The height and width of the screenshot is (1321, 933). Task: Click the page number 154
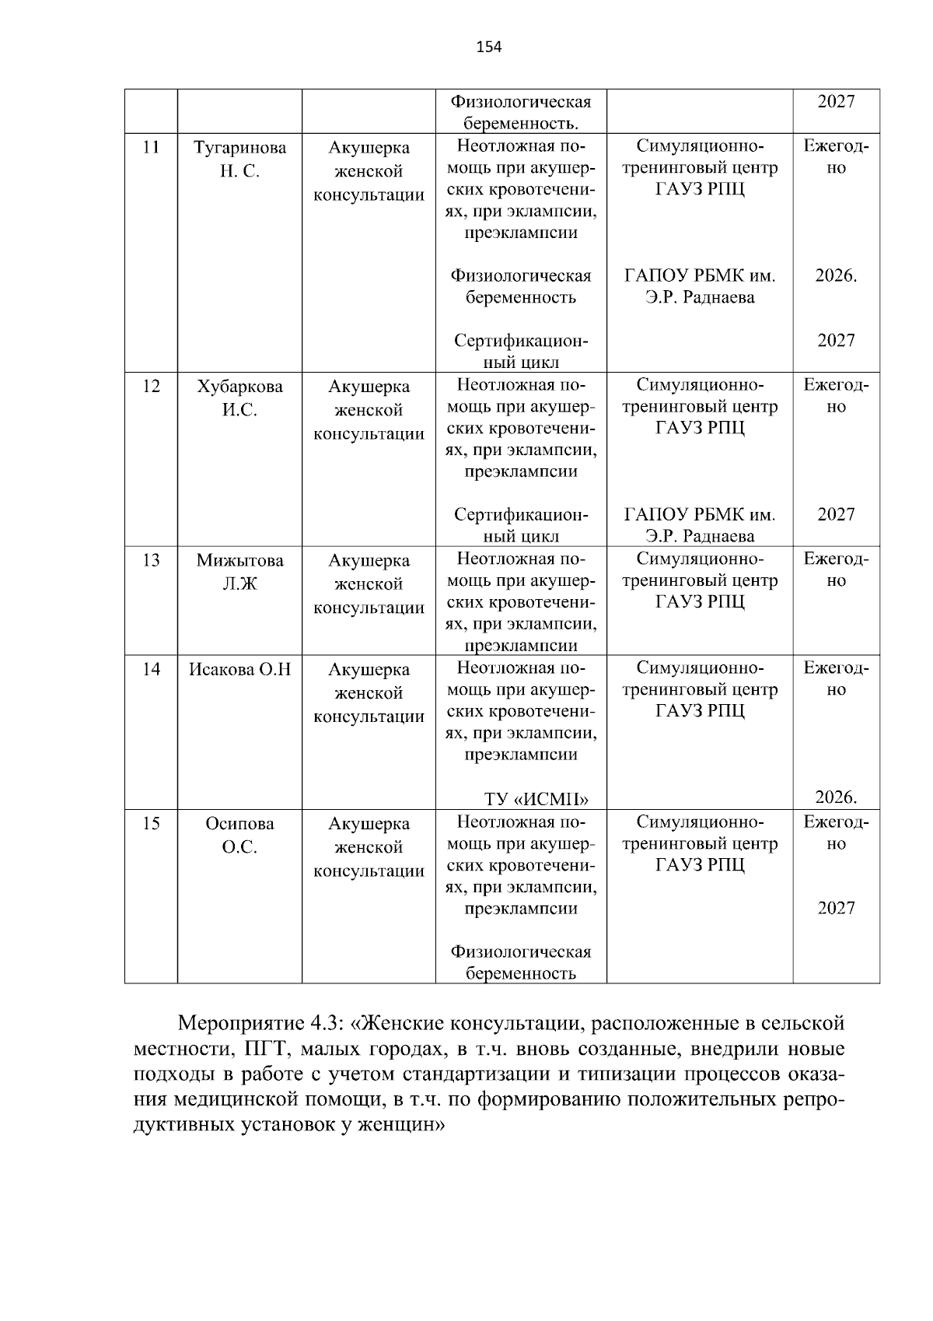[489, 47]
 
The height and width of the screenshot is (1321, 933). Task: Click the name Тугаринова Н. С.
[239, 159]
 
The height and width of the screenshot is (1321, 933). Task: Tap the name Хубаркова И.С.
[239, 398]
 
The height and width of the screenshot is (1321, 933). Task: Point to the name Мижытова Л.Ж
[239, 573]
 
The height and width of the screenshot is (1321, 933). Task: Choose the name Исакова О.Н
[239, 669]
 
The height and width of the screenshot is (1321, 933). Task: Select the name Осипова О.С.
[239, 836]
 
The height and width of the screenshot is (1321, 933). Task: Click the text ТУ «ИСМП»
[536, 800]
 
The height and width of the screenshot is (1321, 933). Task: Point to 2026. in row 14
[836, 797]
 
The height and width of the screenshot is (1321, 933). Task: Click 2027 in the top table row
[836, 102]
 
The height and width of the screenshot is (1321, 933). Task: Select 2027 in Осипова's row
[836, 909]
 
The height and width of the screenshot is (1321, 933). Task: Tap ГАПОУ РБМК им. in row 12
[699, 515]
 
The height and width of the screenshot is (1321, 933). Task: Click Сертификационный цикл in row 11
[521, 352]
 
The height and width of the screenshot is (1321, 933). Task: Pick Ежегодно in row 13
[836, 569]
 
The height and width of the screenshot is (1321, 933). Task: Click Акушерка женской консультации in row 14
[369, 693]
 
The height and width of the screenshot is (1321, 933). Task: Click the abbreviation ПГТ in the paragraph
[266, 1049]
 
